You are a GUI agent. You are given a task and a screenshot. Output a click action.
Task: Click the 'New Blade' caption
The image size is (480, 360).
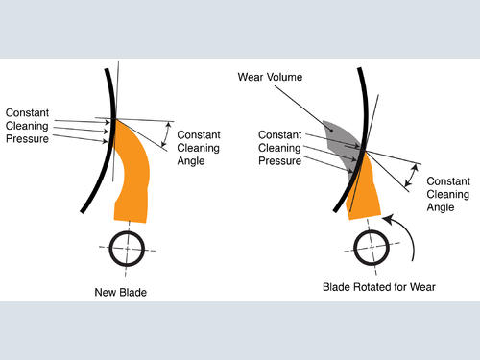click(x=121, y=292)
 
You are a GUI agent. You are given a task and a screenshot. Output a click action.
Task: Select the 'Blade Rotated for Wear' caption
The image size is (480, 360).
click(x=379, y=287)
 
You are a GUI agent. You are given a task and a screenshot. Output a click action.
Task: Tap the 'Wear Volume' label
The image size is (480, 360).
click(x=270, y=77)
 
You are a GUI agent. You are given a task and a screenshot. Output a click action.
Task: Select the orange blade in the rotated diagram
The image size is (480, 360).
click(x=364, y=192)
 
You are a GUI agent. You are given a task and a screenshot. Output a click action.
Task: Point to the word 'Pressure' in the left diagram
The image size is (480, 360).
click(x=27, y=139)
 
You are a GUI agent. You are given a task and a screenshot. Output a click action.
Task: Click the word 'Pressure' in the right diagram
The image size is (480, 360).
click(x=280, y=160)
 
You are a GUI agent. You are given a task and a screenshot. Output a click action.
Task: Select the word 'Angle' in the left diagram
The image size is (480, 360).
click(x=191, y=161)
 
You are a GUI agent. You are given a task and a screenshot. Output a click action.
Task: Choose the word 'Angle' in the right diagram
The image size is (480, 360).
click(x=441, y=207)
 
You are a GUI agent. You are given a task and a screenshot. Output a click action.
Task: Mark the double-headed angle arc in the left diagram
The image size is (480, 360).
click(x=166, y=134)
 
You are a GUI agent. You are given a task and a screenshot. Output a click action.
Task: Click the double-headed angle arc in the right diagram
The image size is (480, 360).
click(x=413, y=176)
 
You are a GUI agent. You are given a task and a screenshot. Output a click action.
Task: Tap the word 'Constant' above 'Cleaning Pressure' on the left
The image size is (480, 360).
click(x=27, y=112)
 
